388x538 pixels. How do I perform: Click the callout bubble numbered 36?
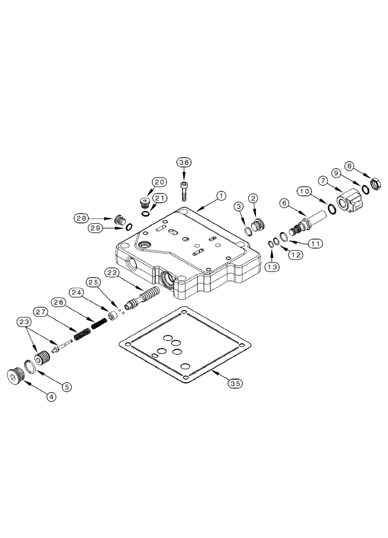(184, 162)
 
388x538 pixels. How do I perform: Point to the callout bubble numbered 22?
(113, 273)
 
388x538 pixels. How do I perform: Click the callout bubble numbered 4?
(51, 397)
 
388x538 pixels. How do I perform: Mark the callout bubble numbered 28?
(82, 218)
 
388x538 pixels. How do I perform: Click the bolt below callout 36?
(184, 188)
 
